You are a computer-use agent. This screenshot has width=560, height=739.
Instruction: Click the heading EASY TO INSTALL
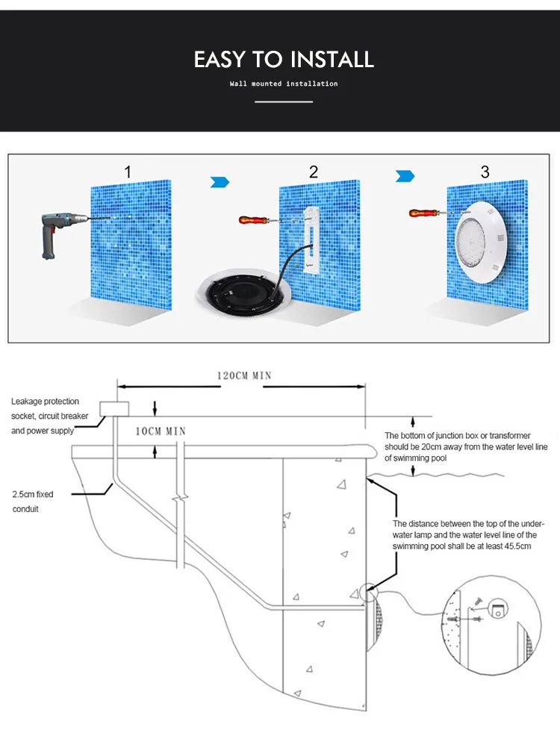tap(284, 60)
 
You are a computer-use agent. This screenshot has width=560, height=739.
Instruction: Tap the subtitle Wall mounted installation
tap(284, 84)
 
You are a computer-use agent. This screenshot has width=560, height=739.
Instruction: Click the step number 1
tap(128, 172)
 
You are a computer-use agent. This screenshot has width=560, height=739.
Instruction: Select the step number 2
tap(314, 172)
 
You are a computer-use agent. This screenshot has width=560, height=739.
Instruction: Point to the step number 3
tap(485, 172)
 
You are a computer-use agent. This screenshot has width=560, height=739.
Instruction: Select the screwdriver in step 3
tap(426, 213)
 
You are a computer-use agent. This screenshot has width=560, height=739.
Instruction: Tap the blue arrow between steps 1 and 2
tap(220, 182)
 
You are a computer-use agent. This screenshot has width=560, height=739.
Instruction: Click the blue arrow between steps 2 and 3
tap(405, 176)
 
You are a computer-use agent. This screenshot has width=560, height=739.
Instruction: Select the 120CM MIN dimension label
tap(244, 375)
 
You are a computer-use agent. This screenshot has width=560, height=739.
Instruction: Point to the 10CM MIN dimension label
tap(161, 431)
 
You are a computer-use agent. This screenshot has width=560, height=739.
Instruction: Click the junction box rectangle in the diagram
tap(115, 407)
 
